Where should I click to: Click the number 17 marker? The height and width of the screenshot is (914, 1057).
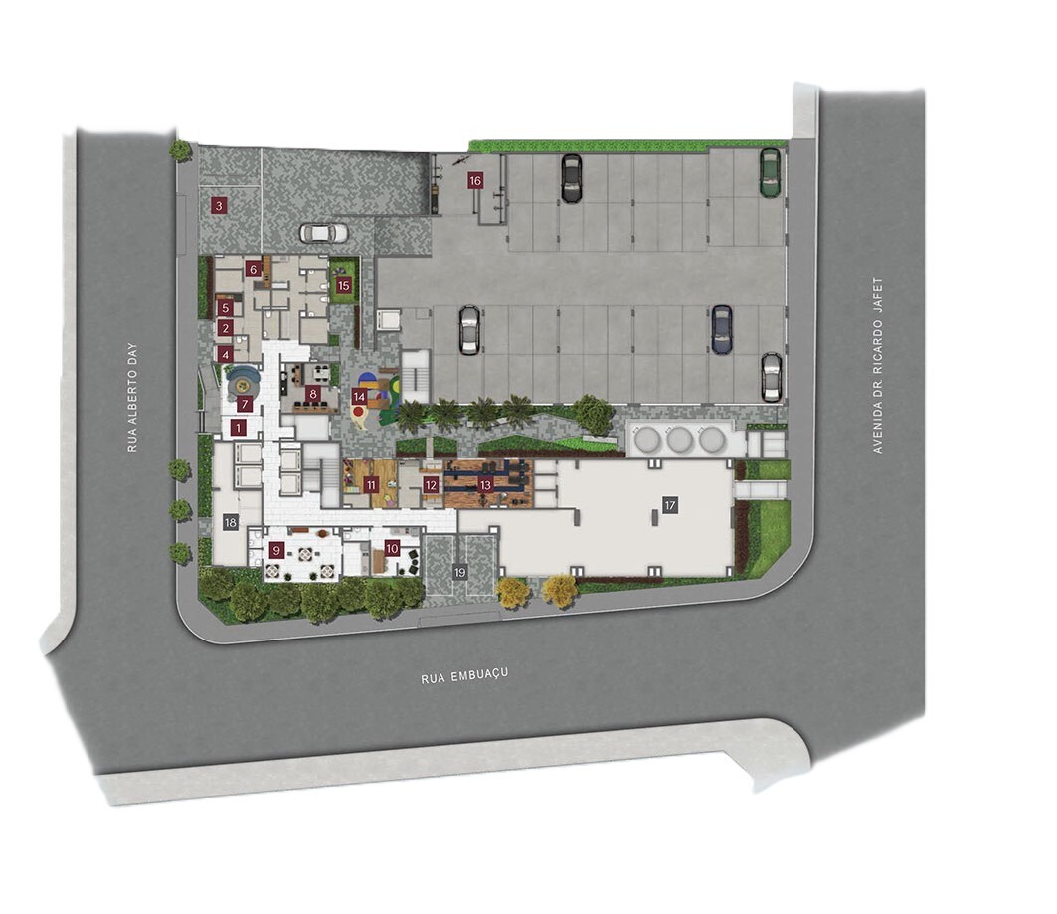point(669,505)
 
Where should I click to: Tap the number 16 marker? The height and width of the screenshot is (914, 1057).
point(475,181)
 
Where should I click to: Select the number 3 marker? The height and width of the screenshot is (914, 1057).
point(218,205)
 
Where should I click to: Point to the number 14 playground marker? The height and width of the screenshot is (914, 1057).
point(359,397)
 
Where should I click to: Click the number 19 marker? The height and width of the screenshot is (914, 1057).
point(459,573)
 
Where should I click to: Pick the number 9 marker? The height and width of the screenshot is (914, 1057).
point(275,551)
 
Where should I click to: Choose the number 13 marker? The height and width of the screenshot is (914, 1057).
point(485,485)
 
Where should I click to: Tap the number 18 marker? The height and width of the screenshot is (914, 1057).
point(231,522)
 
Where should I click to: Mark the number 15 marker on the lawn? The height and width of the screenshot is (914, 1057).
point(344,285)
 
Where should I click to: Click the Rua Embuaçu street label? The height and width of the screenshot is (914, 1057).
point(464,675)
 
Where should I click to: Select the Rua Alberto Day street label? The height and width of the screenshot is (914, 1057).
point(132,397)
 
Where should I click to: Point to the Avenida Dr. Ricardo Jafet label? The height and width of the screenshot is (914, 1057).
point(877,365)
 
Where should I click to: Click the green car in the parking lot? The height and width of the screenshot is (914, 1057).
point(770,172)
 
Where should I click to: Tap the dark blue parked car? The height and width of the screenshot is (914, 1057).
point(721,329)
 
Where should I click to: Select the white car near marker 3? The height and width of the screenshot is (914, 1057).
point(323,233)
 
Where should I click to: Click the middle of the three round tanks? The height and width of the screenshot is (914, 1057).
point(679,440)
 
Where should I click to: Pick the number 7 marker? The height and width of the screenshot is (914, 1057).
point(244,405)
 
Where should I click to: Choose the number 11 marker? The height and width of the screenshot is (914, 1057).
point(371,484)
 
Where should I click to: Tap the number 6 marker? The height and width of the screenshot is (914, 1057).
point(253,269)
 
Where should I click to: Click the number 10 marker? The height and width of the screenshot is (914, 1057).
point(393,549)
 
